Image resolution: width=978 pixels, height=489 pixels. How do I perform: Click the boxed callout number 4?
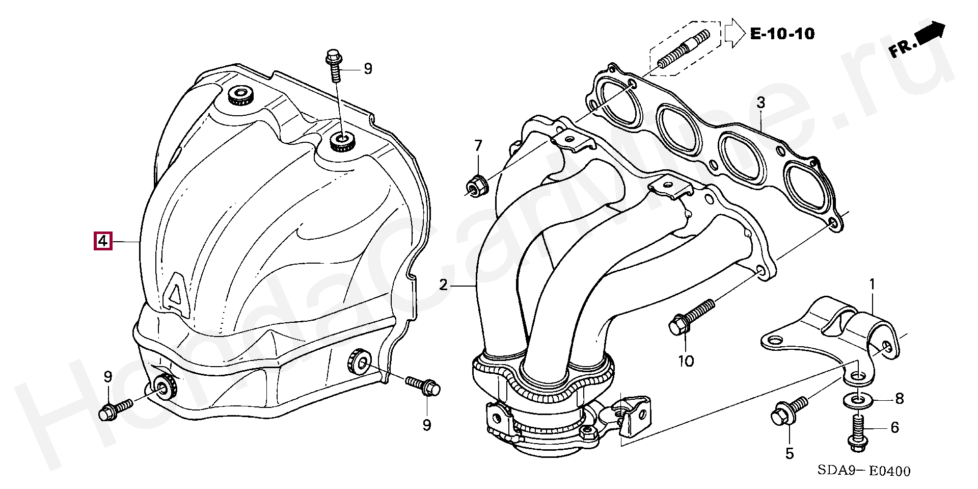pos(102,240)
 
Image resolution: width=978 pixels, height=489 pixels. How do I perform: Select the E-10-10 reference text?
pos(782,34)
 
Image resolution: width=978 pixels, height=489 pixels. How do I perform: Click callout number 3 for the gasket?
pos(760,102)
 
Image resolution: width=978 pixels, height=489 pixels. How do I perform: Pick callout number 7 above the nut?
pos(478,146)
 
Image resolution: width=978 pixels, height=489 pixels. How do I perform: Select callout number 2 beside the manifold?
pos(443,285)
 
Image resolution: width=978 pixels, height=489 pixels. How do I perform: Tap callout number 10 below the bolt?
pos(686,361)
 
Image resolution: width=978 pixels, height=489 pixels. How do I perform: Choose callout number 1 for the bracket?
pos(872,284)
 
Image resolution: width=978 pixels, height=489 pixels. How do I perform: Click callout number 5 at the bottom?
pos(790,453)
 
